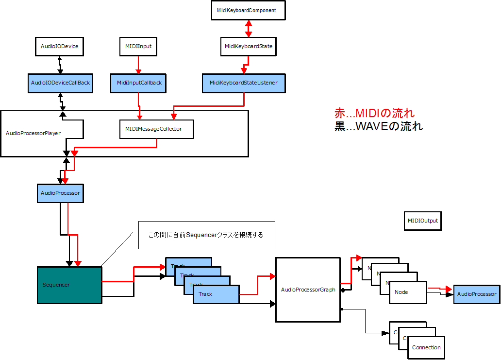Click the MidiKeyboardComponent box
point(248,10)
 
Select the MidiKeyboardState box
point(249,47)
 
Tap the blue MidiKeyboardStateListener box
point(244,83)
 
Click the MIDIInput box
point(138,47)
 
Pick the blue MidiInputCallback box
point(139,83)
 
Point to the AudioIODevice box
point(60,47)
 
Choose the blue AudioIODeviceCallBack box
point(61,83)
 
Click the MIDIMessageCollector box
point(157,129)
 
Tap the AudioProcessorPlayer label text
point(33,133)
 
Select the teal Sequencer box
point(69,285)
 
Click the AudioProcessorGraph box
point(308,290)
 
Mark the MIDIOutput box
point(422,221)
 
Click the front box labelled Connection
point(426,347)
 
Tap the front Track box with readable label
point(216,294)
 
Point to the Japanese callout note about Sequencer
point(206,235)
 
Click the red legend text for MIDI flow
point(374,114)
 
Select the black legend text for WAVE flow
point(379,127)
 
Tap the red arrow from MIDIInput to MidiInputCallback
point(138,65)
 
